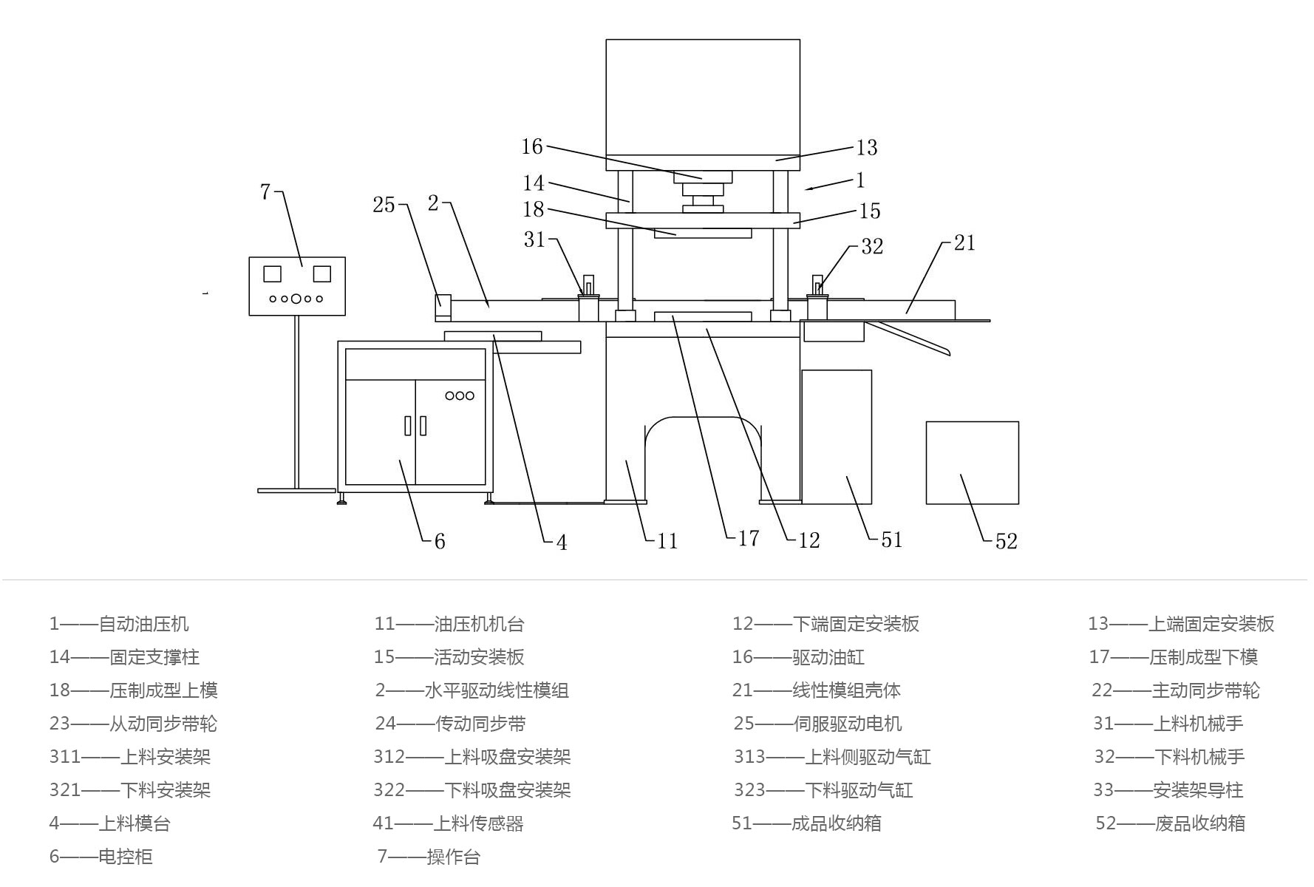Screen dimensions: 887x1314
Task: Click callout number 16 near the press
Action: (x=532, y=146)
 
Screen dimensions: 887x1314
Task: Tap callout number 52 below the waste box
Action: (x=1006, y=541)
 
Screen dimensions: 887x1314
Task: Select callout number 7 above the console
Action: (x=265, y=191)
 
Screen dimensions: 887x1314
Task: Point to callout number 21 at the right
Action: (x=964, y=242)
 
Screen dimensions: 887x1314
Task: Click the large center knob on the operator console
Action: (x=296, y=299)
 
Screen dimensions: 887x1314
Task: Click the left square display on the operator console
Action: (x=272, y=274)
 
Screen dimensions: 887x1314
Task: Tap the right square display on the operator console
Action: (x=321, y=274)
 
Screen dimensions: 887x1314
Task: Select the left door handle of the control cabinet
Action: (x=407, y=426)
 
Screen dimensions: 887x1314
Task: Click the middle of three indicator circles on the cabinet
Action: (x=459, y=395)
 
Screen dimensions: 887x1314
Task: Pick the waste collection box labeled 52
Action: (x=972, y=463)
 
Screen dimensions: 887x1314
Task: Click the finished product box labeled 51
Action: (x=836, y=437)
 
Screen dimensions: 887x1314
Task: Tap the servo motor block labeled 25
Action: (x=443, y=306)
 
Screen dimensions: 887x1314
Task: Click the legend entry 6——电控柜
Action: (x=101, y=856)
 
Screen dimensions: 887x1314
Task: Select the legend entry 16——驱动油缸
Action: (x=797, y=656)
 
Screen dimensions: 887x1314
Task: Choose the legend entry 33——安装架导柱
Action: (x=1168, y=789)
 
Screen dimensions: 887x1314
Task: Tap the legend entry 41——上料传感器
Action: (x=448, y=823)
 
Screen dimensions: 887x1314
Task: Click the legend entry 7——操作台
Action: (x=429, y=856)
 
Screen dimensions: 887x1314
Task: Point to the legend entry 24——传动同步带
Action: (x=450, y=723)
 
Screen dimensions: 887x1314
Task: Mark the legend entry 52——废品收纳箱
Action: (x=1170, y=823)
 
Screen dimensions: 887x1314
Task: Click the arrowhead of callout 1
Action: (x=808, y=189)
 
